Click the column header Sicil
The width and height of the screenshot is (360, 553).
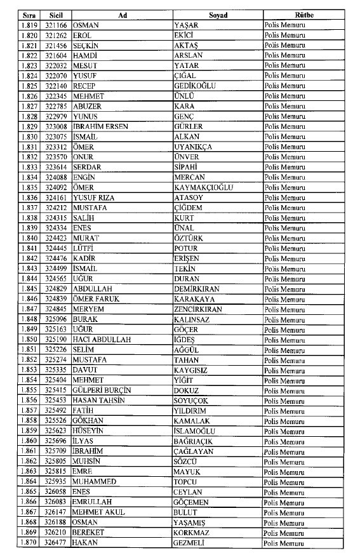[58, 15]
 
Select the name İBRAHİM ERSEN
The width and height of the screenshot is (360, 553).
[100, 126]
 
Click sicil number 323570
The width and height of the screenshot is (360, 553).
[58, 157]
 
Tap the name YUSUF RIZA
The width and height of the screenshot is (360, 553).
[93, 197]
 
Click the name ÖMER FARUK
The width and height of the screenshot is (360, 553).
[95, 299]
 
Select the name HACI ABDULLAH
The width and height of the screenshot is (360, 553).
[102, 340]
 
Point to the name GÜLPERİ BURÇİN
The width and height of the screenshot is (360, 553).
[103, 390]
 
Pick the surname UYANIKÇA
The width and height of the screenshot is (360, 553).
[193, 147]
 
